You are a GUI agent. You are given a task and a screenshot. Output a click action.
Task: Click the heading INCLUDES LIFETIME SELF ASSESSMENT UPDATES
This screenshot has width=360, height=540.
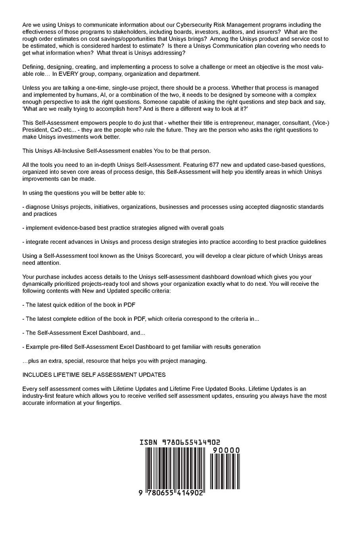tap(94, 375)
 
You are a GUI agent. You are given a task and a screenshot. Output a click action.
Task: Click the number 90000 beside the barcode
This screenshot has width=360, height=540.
tap(226, 450)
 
